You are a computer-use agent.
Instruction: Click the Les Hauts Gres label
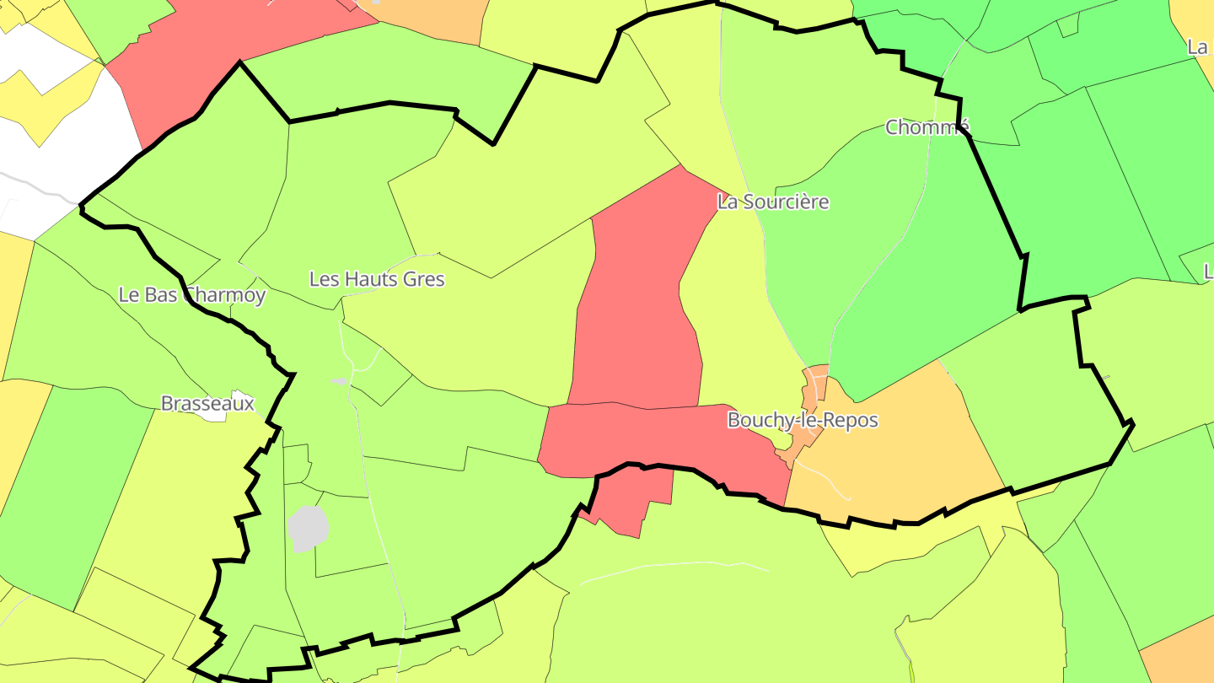pyautogui.click(x=377, y=279)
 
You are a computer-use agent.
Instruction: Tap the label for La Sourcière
pyautogui.click(x=773, y=202)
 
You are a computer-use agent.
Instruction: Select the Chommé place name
pyautogui.click(x=927, y=127)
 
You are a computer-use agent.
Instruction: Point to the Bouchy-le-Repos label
pyautogui.click(x=803, y=420)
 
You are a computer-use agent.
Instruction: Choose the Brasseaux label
pyautogui.click(x=207, y=404)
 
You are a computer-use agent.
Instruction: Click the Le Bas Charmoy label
pyautogui.click(x=192, y=295)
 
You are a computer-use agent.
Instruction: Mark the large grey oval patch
pyautogui.click(x=308, y=529)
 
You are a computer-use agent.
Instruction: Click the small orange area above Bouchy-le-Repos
pyautogui.click(x=815, y=384)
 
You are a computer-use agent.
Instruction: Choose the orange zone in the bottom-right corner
pyautogui.click(x=1184, y=653)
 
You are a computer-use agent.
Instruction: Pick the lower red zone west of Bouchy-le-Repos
pyautogui.click(x=658, y=438)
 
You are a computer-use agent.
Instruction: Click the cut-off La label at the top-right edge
pyautogui.click(x=1198, y=47)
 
